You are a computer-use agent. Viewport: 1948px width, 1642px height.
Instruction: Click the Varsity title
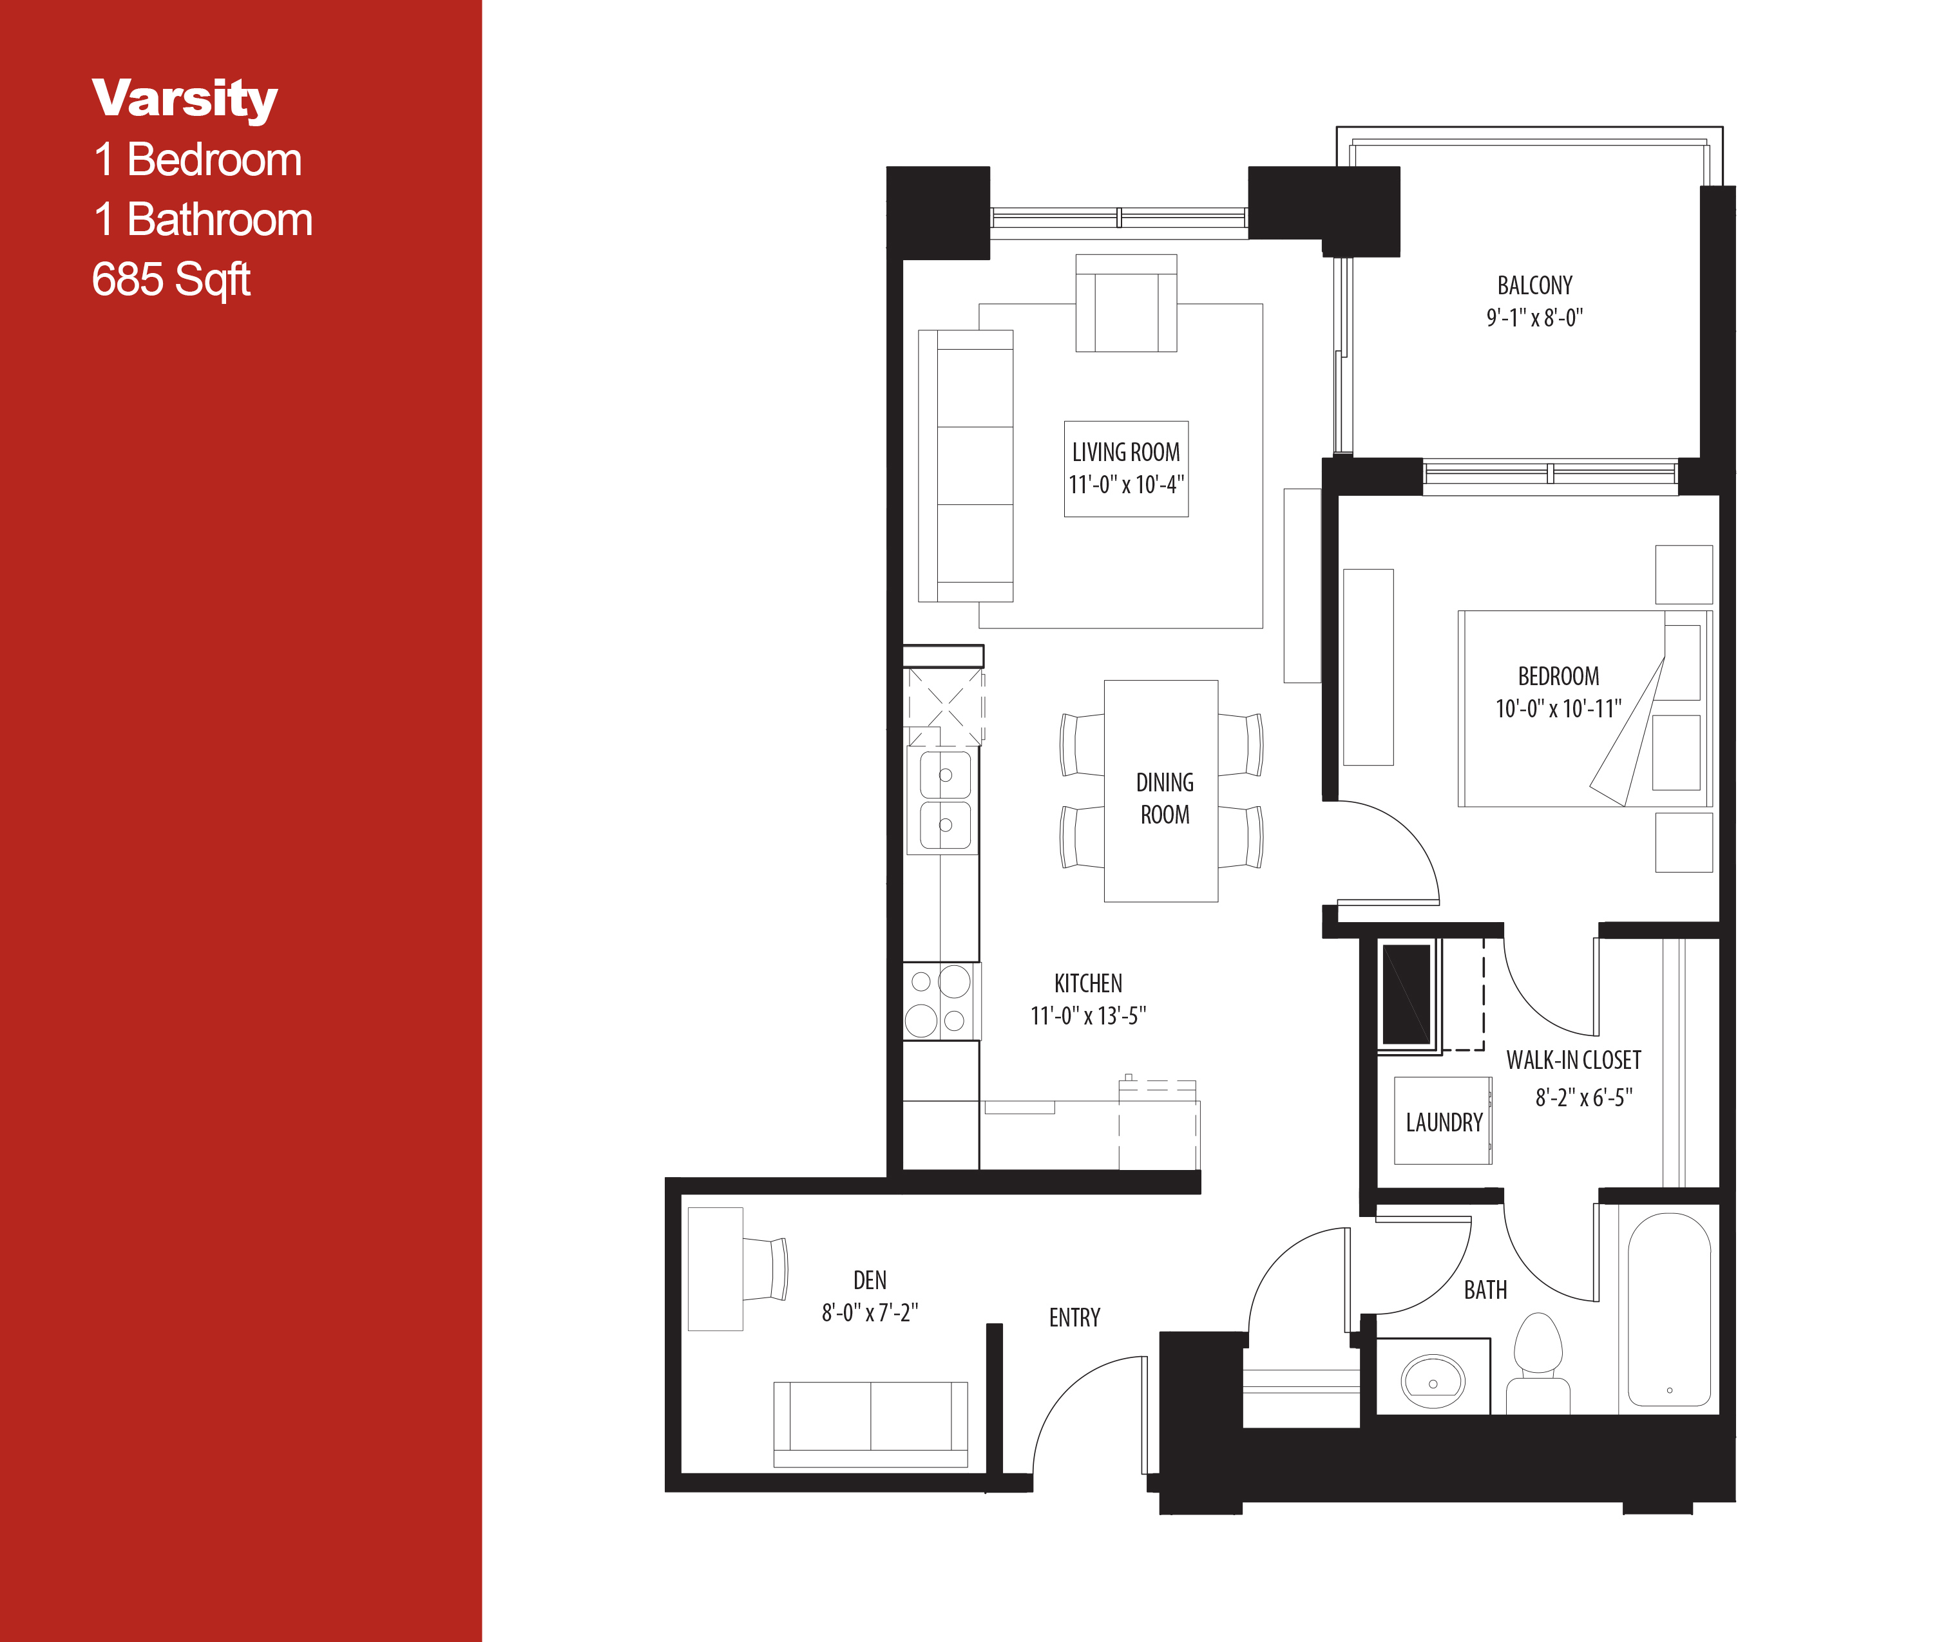184,99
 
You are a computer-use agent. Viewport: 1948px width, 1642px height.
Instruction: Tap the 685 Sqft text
171,279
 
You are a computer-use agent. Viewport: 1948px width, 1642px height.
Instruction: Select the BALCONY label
1534,285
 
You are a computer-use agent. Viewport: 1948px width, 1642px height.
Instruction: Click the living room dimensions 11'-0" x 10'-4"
1126,485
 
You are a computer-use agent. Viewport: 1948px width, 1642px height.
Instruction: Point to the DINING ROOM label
1164,798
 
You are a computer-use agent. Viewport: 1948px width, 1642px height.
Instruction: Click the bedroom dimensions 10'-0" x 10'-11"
1558,708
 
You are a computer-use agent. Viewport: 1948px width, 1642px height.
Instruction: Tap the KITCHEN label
1087,983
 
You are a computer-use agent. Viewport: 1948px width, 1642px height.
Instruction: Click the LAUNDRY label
1444,1122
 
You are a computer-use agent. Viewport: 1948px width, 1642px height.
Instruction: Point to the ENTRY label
1074,1317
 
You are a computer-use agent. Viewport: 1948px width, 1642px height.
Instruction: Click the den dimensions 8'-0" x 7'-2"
869,1312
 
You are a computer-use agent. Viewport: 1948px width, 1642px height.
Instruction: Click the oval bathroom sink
1433,1382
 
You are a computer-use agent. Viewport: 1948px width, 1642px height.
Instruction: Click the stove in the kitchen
941,1001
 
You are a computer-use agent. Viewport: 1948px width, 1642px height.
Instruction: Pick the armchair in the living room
1126,305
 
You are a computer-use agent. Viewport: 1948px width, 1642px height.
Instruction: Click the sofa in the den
870,1424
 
